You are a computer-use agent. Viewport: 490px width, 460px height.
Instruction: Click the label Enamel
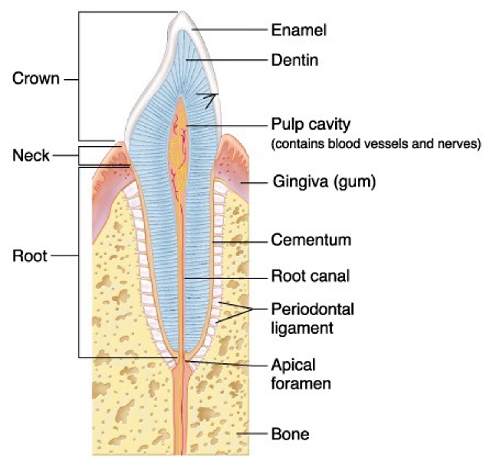[299, 30]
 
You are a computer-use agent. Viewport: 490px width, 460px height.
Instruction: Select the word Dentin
[295, 60]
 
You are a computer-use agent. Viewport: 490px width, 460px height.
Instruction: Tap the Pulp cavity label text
[311, 125]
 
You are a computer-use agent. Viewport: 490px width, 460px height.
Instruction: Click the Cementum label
[311, 240]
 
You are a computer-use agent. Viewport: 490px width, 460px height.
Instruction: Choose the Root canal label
[310, 276]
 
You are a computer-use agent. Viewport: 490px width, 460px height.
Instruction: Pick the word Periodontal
[312, 309]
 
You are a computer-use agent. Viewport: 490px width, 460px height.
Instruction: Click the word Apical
[293, 365]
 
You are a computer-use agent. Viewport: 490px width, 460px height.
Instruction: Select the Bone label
[290, 434]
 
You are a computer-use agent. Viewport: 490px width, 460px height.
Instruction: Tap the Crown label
[36, 79]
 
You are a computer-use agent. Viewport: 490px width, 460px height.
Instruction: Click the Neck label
[31, 156]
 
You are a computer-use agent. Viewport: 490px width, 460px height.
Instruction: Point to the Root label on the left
[30, 256]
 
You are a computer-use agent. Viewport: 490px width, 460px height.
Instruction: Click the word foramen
[301, 383]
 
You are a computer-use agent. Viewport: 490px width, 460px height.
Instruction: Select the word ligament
[302, 328]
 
